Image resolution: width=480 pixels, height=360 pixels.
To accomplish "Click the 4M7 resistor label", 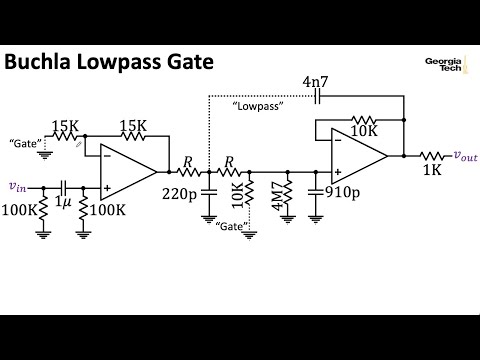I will point(274,193).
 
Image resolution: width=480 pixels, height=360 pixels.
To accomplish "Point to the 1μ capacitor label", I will point(63,203).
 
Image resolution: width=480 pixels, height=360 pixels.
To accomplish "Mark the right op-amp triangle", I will point(360,155).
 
